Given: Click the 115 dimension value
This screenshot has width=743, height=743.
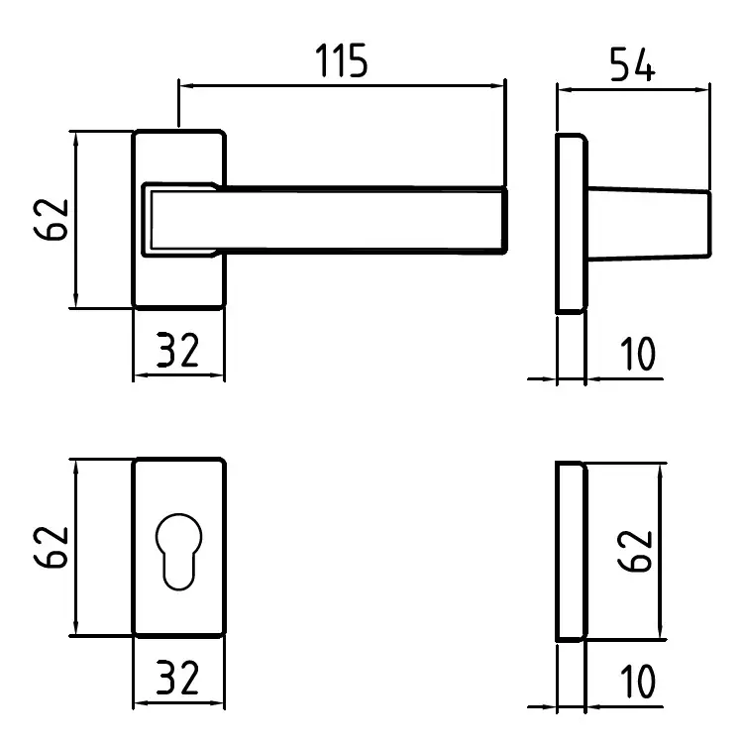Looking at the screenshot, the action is click(x=341, y=60).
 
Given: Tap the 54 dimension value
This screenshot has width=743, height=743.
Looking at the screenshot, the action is click(x=633, y=64).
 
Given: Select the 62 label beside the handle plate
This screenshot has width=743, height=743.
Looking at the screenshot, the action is click(x=52, y=220).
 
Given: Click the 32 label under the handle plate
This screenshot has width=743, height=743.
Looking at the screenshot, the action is click(x=177, y=350).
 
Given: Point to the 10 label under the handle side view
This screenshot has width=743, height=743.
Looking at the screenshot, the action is click(x=638, y=354).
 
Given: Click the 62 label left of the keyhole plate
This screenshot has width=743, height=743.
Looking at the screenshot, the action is click(x=52, y=547).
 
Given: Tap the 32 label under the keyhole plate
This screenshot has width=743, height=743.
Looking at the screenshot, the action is click(x=177, y=678).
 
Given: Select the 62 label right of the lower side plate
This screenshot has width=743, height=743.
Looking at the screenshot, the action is click(x=635, y=551).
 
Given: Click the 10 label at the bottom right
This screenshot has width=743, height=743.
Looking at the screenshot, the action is click(x=638, y=682).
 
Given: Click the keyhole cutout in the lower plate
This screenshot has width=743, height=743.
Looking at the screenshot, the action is click(x=178, y=552).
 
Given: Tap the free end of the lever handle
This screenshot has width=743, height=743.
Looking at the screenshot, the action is click(x=505, y=220).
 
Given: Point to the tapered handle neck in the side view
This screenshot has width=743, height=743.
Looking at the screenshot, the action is click(x=649, y=224).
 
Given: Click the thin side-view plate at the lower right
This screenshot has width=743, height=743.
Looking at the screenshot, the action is click(x=572, y=552).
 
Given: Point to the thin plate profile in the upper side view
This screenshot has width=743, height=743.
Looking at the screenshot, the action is click(x=572, y=224).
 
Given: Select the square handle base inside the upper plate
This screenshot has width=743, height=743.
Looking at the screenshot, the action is click(x=181, y=220).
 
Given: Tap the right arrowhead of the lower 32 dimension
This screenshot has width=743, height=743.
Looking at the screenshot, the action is click(x=216, y=703).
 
